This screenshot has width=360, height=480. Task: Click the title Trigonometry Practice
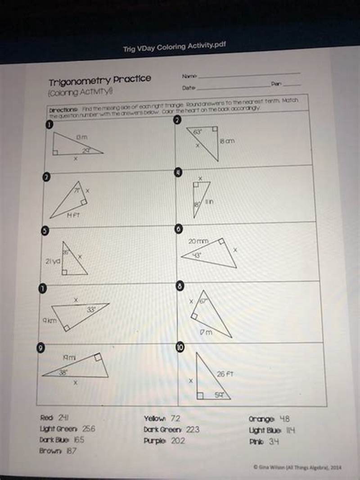[100, 80]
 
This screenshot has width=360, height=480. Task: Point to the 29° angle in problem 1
[85, 150]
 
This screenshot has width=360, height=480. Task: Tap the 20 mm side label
[198, 241]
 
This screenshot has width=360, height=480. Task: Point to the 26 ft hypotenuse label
[225, 374]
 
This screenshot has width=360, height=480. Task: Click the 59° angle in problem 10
[220, 395]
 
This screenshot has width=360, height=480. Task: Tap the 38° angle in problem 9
[64, 372]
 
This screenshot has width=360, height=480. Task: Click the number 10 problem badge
[180, 347]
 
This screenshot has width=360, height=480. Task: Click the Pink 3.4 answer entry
[264, 441]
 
